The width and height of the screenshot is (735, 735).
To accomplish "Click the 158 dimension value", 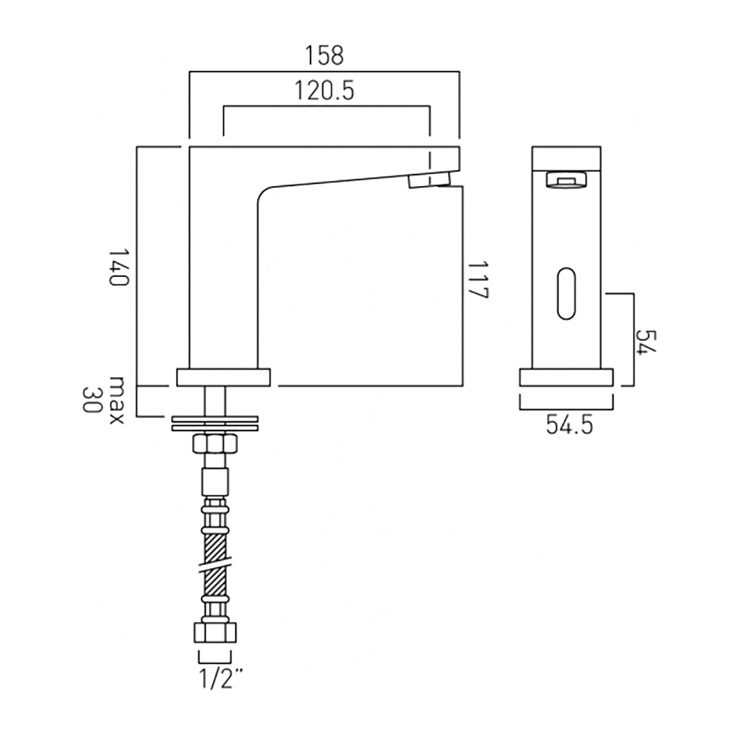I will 324,54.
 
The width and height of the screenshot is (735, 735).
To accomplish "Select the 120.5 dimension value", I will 325,90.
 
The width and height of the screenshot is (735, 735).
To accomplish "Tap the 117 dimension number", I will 478,279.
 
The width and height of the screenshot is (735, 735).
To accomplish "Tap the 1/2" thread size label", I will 215,678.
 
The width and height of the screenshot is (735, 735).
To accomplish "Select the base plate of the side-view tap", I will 223,377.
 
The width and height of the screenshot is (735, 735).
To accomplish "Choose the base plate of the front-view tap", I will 566,377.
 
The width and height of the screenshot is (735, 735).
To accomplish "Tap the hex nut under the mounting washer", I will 215,445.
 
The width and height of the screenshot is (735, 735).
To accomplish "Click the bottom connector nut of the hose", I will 215,634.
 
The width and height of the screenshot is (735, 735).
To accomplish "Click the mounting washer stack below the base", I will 215,423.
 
